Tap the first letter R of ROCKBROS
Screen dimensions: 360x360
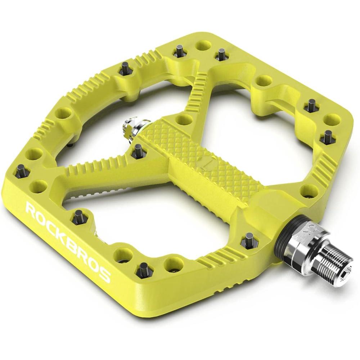pyautogui.click(x=31, y=208)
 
